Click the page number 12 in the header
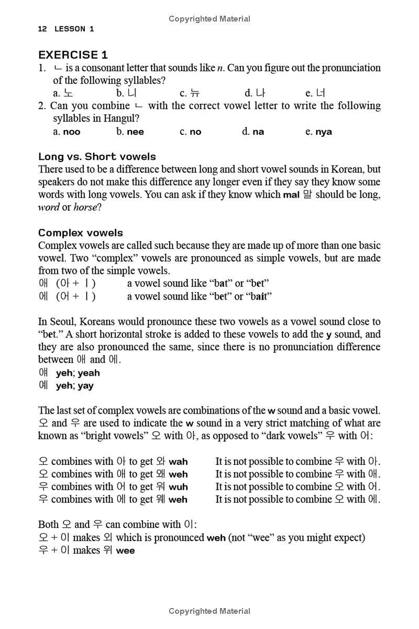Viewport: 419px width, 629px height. [x=43, y=29]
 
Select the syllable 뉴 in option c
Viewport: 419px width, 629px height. [x=195, y=93]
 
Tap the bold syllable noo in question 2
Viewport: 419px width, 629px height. [x=72, y=132]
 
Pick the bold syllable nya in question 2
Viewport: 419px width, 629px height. [x=323, y=132]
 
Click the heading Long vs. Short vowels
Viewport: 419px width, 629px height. [x=97, y=156]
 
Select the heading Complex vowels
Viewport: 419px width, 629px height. [x=81, y=233]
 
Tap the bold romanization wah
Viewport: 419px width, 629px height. [x=178, y=462]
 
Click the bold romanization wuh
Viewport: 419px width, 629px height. [x=178, y=487]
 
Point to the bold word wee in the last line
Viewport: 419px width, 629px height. [x=125, y=550]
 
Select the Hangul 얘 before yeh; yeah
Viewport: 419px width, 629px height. [x=43, y=373]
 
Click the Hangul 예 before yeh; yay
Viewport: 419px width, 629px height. [x=43, y=385]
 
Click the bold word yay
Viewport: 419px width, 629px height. [x=85, y=386]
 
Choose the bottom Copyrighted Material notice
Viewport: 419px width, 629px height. [x=210, y=611]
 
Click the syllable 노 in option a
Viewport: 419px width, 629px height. [x=69, y=93]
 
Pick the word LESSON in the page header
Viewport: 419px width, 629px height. [x=70, y=29]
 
